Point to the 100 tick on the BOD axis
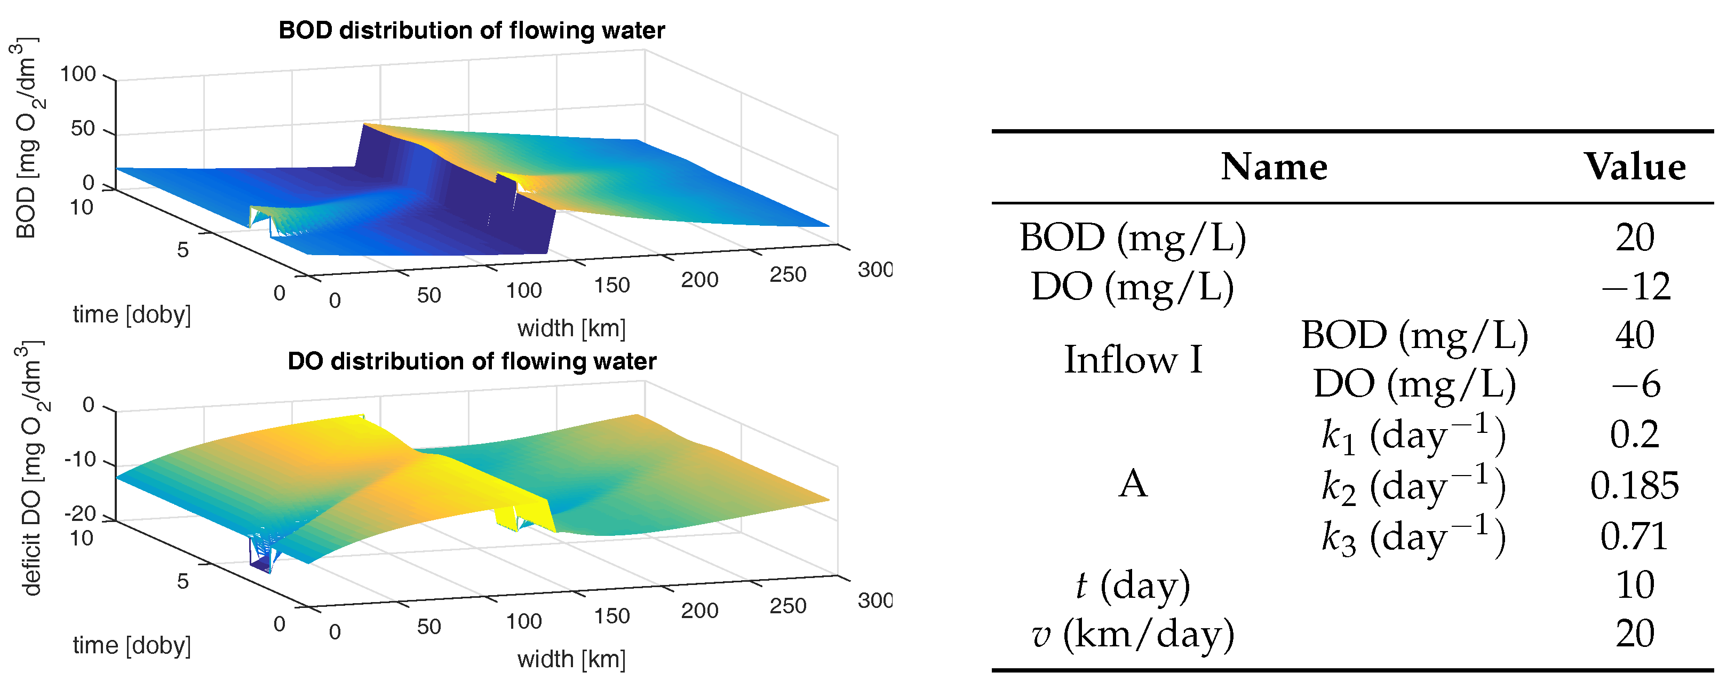coord(78,74)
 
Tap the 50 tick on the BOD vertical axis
coord(83,129)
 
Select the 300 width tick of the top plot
coord(874,270)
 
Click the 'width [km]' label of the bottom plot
coord(571,659)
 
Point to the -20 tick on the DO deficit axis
coord(80,513)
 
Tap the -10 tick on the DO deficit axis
coord(80,460)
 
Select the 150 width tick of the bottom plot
coord(611,616)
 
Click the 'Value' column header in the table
coord(1635,167)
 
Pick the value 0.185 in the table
coord(1635,486)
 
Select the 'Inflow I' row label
coord(1133,360)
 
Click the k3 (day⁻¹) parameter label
coord(1413,536)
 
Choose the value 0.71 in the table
coord(1635,536)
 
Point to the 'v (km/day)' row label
coord(1133,634)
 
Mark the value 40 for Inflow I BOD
coord(1635,335)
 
